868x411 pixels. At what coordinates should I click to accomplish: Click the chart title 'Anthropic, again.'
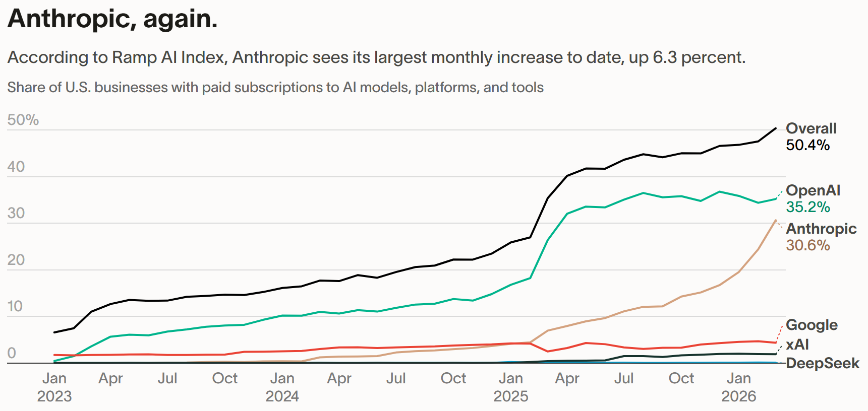112,19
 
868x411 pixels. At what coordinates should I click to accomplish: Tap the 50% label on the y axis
23,120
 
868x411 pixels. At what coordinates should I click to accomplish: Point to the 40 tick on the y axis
16,167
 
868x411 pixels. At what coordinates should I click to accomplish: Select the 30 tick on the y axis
16,213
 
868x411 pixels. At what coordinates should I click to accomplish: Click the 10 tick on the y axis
15,306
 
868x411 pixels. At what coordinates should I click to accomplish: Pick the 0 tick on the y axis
12,353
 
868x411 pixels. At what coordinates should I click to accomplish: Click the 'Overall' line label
811,128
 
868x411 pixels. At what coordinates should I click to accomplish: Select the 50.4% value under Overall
807,145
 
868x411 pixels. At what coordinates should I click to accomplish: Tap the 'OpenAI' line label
813,190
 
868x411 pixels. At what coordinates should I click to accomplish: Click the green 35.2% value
807,207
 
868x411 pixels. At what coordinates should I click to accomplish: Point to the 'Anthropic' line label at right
821,229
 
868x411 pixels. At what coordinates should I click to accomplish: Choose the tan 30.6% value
807,245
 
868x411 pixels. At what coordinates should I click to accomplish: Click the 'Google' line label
812,325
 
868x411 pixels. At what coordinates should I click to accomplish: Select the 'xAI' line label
797,345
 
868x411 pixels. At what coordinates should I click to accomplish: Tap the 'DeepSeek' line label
822,363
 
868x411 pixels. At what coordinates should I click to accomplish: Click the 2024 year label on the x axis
282,396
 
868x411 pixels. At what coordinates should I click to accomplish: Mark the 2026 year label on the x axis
738,396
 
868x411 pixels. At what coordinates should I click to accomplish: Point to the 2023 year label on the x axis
54,396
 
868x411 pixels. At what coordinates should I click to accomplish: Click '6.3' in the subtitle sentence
665,57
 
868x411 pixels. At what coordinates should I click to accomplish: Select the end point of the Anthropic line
776,221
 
